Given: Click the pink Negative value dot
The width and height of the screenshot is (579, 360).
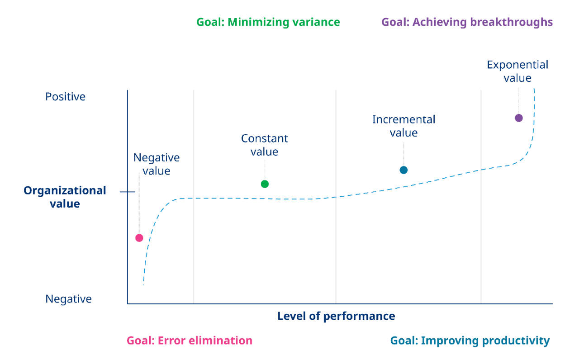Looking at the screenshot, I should point(139,238).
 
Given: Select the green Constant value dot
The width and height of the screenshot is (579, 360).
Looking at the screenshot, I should point(265,184).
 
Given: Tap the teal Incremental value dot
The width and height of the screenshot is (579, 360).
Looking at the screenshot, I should point(403,170).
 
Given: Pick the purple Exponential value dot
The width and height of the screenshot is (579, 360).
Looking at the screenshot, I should point(518,118).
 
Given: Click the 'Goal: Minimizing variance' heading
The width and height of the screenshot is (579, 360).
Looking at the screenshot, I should point(268,22).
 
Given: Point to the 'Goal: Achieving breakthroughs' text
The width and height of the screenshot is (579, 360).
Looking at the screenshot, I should point(467,22).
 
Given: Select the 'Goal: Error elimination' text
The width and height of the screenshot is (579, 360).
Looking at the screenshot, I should point(190,341).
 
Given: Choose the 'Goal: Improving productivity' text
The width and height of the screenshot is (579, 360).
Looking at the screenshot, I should point(470,341).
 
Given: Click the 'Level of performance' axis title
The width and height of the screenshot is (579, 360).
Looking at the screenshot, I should point(336,316).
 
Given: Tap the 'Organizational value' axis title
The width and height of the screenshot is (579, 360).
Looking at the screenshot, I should point(65,197).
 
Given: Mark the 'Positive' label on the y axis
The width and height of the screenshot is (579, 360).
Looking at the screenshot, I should point(66,97).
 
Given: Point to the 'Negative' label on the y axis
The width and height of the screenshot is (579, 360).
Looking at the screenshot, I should point(69,299).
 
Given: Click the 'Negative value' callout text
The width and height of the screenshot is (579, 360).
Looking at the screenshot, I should point(157,164).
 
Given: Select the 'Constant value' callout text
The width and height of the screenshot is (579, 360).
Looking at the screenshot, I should point(265,145).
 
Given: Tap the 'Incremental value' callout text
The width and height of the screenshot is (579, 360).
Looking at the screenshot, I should point(403,126).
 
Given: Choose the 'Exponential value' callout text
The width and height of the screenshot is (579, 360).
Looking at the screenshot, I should point(517,71).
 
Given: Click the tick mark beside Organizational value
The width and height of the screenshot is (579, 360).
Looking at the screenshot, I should point(128,192).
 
